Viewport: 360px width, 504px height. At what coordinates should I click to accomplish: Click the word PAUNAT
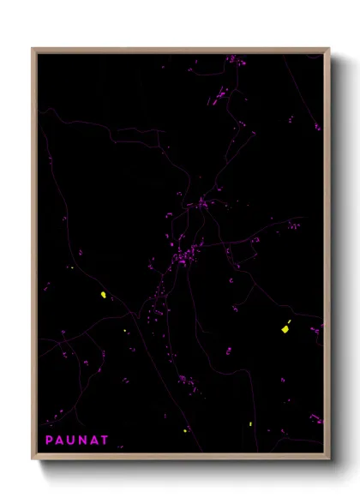(77, 440)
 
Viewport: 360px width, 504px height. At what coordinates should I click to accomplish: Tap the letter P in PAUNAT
(50, 440)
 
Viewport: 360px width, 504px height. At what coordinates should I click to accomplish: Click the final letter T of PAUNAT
(105, 440)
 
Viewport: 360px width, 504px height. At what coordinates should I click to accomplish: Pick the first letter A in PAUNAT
(60, 440)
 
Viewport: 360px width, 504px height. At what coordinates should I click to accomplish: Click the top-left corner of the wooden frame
(33, 49)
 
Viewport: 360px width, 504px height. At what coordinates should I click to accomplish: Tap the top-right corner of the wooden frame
(329, 49)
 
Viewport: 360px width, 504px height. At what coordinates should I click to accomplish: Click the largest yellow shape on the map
(285, 329)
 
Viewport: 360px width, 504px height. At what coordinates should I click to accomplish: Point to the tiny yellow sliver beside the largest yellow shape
(290, 321)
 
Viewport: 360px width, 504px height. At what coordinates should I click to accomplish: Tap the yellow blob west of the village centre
(104, 295)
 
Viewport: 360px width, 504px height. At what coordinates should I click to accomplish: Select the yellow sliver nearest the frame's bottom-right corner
(249, 425)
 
